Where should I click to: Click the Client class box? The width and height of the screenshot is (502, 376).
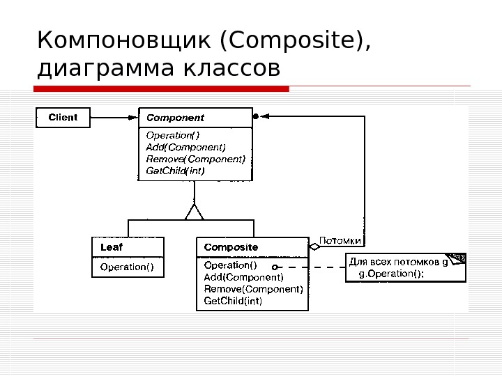point(63,118)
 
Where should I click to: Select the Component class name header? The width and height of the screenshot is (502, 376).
point(175,118)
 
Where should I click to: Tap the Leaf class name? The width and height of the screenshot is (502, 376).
point(112,247)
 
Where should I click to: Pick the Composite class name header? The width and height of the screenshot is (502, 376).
point(231,247)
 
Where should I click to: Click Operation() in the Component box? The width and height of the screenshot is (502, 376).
point(172,136)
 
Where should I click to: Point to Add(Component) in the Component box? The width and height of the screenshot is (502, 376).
point(185,147)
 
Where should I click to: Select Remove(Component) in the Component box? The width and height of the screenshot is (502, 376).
point(195,158)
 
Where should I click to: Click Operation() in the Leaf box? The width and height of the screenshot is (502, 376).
point(127,266)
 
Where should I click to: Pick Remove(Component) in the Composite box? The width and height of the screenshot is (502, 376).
point(253,289)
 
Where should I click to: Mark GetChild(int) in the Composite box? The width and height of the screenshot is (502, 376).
point(233,301)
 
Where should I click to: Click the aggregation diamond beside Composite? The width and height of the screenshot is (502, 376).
point(314,246)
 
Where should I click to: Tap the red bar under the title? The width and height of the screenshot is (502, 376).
point(161,88)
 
